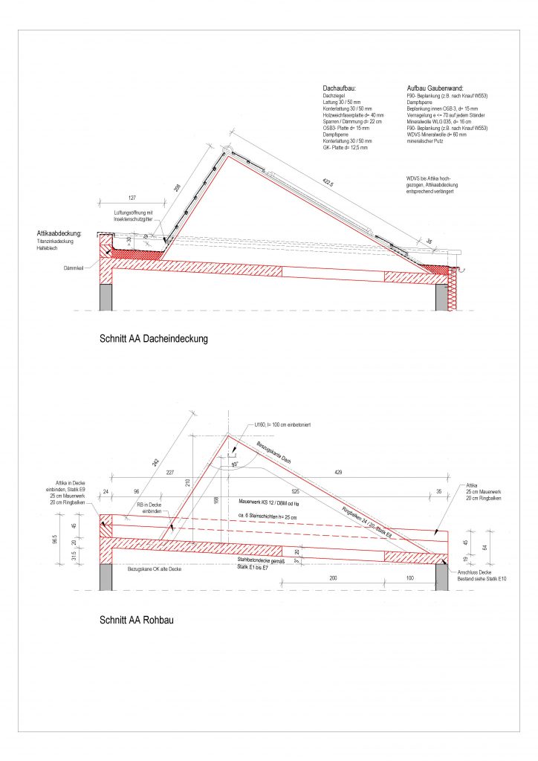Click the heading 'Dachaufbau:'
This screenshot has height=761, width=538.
pyautogui.click(x=340, y=88)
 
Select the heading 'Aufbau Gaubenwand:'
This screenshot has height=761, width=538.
pyautogui.click(x=435, y=88)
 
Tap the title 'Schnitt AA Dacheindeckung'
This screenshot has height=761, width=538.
pyautogui.click(x=154, y=339)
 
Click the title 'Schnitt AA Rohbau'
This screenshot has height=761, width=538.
pyautogui.click(x=136, y=618)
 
